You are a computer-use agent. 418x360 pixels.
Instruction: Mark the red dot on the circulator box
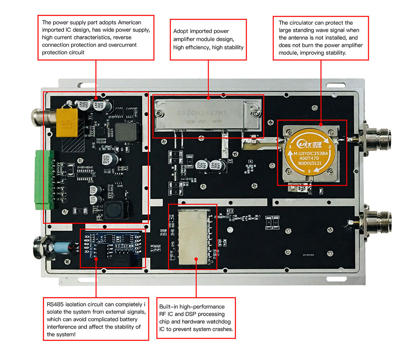[321, 124]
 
